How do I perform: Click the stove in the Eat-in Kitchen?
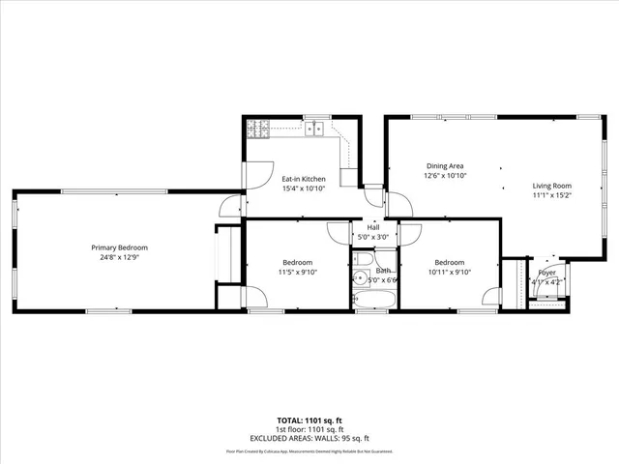pyautogui.click(x=258, y=127)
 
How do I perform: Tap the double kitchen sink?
pyautogui.click(x=314, y=127)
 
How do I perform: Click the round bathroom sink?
pyautogui.click(x=360, y=277)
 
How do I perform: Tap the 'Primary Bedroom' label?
pyautogui.click(x=120, y=247)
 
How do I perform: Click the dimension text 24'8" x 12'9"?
pyautogui.click(x=120, y=258)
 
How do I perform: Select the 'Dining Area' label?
pyautogui.click(x=445, y=165)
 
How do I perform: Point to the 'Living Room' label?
pyautogui.click(x=552, y=186)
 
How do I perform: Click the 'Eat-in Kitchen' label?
pyautogui.click(x=304, y=179)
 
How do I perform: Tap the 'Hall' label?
pyautogui.click(x=373, y=226)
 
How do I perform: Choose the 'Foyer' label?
pyautogui.click(x=547, y=273)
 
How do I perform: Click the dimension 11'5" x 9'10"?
pyautogui.click(x=297, y=273)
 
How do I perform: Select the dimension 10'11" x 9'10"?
pyautogui.click(x=449, y=273)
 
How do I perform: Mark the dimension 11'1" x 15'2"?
pyautogui.click(x=552, y=195)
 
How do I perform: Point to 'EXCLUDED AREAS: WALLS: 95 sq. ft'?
pyautogui.click(x=309, y=437)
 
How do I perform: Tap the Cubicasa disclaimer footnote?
pyautogui.click(x=309, y=450)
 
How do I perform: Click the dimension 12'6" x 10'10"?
pyautogui.click(x=445, y=176)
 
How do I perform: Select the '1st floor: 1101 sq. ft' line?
pyautogui.click(x=309, y=429)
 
